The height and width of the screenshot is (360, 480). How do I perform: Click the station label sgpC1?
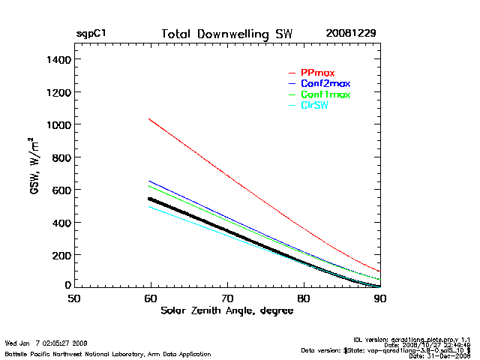coord(91,34)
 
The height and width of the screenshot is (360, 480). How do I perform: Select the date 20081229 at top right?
coord(351,34)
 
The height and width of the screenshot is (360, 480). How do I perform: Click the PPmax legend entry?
coord(317,72)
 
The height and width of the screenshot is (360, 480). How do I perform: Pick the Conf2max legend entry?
coord(325,83)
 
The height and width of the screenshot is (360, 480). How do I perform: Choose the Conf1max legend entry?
coord(325,94)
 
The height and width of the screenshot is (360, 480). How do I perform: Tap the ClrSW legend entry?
coord(314,106)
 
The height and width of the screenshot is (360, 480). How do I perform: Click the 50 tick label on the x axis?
coord(74,299)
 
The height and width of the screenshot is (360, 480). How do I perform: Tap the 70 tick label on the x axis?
coord(227,299)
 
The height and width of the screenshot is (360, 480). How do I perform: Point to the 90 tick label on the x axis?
coord(380,299)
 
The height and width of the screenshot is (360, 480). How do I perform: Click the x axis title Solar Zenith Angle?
coord(226,310)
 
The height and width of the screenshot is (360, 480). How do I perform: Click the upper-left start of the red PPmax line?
coord(149,118)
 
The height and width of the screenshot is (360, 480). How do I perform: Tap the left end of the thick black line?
coord(149,199)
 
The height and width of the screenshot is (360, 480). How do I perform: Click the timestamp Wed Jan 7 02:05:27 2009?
coord(46,343)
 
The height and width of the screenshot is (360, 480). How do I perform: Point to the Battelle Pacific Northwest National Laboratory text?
coord(107,353)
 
